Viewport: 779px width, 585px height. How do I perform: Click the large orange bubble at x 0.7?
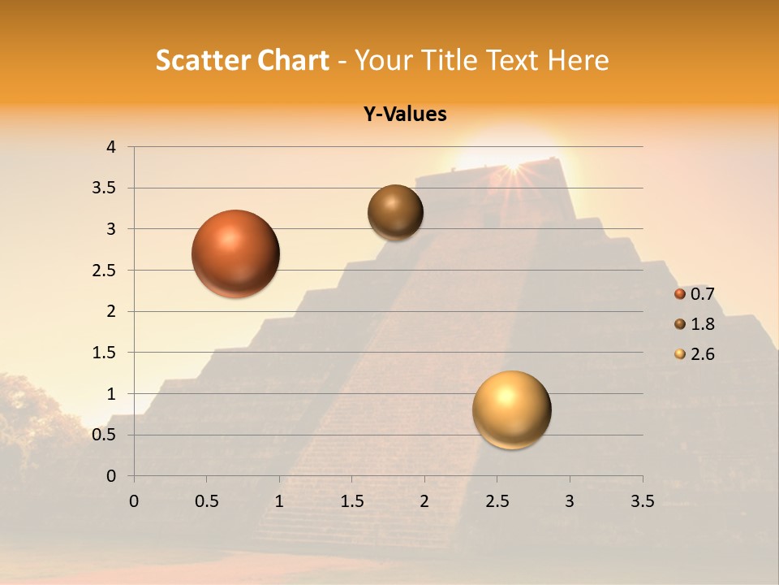[236, 253]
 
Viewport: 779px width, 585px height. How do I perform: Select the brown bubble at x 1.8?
[395, 212]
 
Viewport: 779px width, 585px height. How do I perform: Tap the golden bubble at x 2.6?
[511, 409]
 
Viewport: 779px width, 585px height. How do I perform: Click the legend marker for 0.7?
[680, 294]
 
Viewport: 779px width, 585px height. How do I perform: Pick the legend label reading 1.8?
[703, 324]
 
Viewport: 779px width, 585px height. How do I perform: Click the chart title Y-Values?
[404, 114]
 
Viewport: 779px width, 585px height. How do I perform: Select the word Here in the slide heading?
[578, 60]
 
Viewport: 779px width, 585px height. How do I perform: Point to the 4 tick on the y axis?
[112, 147]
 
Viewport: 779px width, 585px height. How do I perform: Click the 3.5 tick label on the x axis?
[642, 501]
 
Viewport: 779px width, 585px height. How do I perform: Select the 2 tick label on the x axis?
[424, 501]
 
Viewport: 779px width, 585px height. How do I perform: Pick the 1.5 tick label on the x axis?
[351, 501]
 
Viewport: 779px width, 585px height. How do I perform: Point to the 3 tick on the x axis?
[570, 501]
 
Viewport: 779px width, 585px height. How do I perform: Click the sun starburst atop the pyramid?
[512, 165]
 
